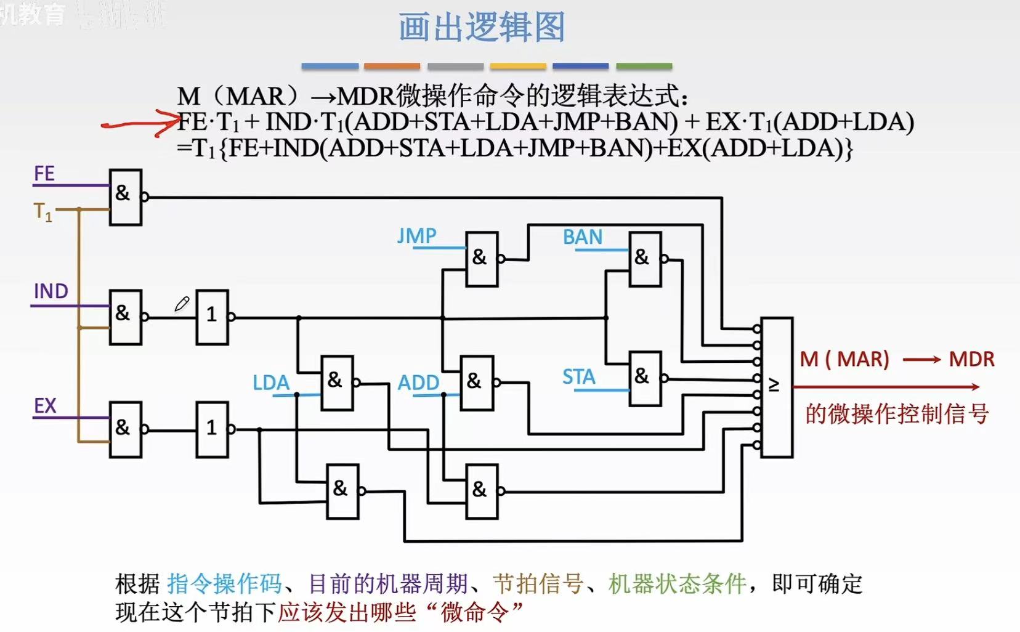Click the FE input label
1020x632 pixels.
click(x=44, y=174)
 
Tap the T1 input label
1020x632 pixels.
click(x=42, y=212)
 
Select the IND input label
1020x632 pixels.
click(x=51, y=291)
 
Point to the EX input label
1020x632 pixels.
click(x=45, y=406)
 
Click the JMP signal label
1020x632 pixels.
click(x=416, y=235)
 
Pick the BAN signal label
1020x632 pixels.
click(x=582, y=237)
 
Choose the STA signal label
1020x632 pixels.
click(x=578, y=376)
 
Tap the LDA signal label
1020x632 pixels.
click(x=271, y=383)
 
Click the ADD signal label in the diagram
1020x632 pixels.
click(x=418, y=383)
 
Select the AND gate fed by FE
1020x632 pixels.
click(x=125, y=197)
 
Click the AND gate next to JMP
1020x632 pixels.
click(x=482, y=259)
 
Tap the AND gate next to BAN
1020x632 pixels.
click(x=644, y=259)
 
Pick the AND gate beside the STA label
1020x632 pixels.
click(x=644, y=378)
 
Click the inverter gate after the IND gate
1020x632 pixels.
click(x=212, y=317)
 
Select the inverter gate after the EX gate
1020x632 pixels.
click(x=212, y=429)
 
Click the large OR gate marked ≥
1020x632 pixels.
click(x=776, y=387)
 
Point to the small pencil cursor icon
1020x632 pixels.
click(x=182, y=304)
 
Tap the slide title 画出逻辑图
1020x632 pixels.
click(x=482, y=28)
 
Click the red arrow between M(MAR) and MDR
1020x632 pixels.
click(x=921, y=360)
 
